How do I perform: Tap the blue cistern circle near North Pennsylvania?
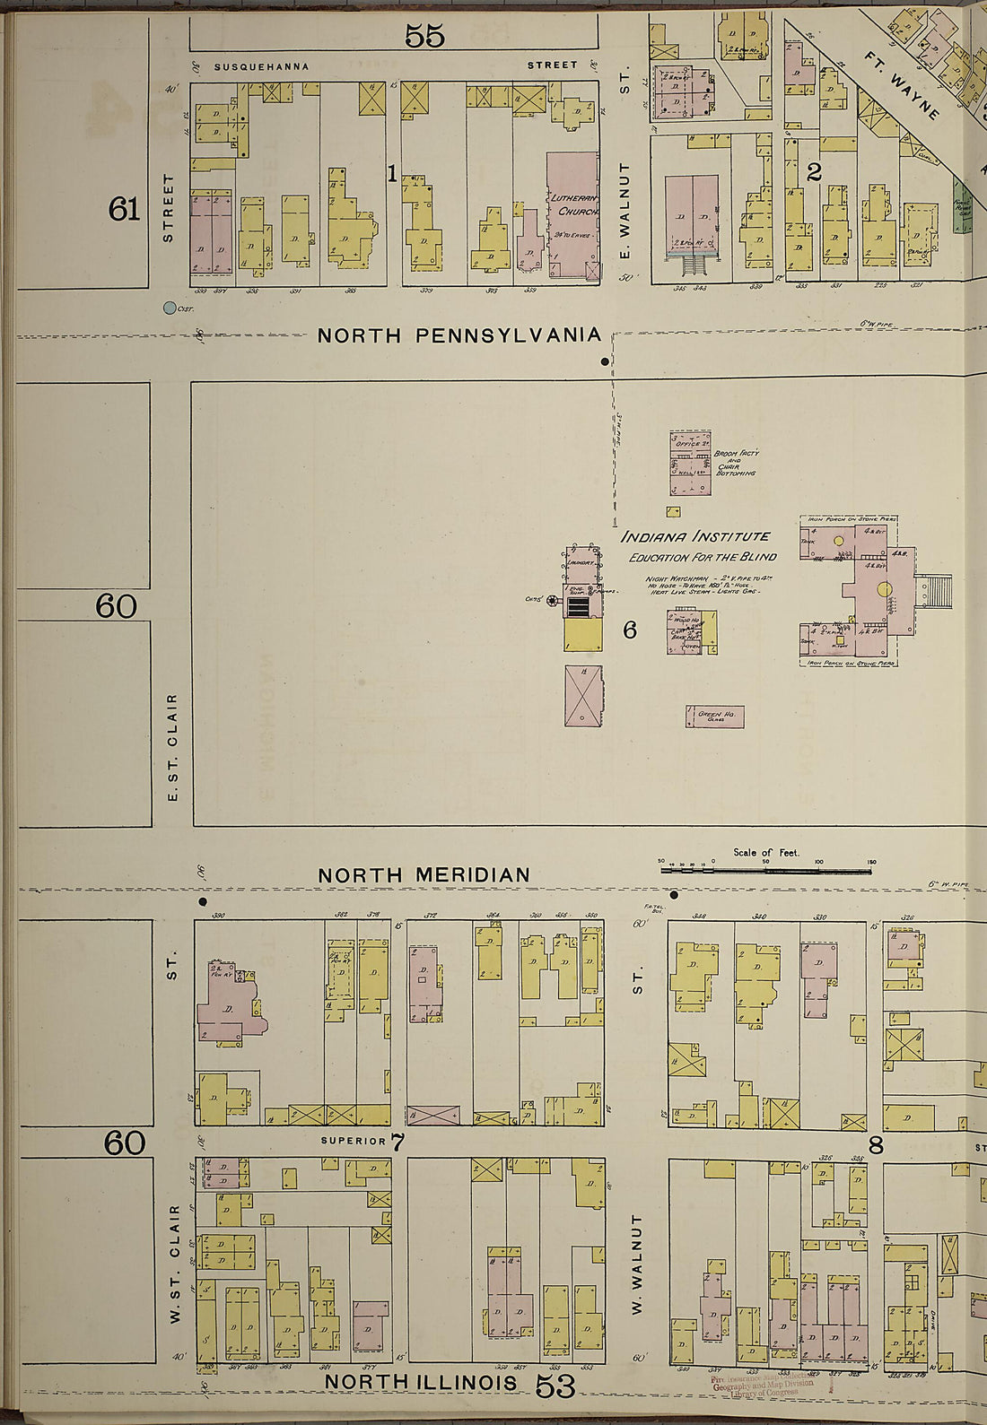(x=169, y=308)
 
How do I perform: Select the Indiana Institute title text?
(x=696, y=536)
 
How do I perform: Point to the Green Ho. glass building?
(x=715, y=716)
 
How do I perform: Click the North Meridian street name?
(x=424, y=874)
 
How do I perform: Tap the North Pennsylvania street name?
(x=459, y=335)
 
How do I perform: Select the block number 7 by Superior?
(x=397, y=1143)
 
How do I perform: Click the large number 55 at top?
(x=424, y=36)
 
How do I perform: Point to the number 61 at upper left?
(x=125, y=210)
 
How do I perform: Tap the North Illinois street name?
(x=421, y=1382)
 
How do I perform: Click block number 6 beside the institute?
(x=629, y=630)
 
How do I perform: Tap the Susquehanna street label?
(x=261, y=66)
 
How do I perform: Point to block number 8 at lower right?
(x=876, y=1144)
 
